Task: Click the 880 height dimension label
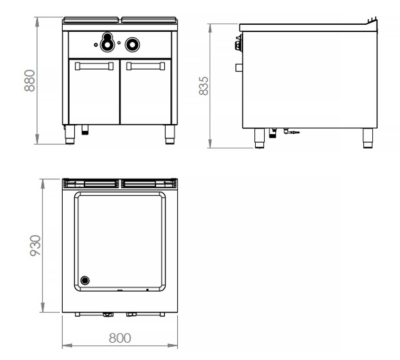(x=30, y=81)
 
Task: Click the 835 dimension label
(x=204, y=86)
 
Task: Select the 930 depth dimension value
(x=36, y=245)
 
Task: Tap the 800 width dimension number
(x=120, y=338)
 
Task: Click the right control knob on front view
(x=132, y=44)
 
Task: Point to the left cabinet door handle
(x=94, y=66)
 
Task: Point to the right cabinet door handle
(x=146, y=66)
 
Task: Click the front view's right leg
(x=170, y=134)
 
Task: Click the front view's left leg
(x=70, y=134)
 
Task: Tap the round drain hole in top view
(x=85, y=280)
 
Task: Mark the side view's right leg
(x=368, y=138)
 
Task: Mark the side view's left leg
(x=259, y=138)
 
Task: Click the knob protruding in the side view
(x=238, y=45)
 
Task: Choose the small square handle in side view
(x=239, y=67)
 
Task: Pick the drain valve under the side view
(x=291, y=132)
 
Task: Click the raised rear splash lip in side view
(x=372, y=21)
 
